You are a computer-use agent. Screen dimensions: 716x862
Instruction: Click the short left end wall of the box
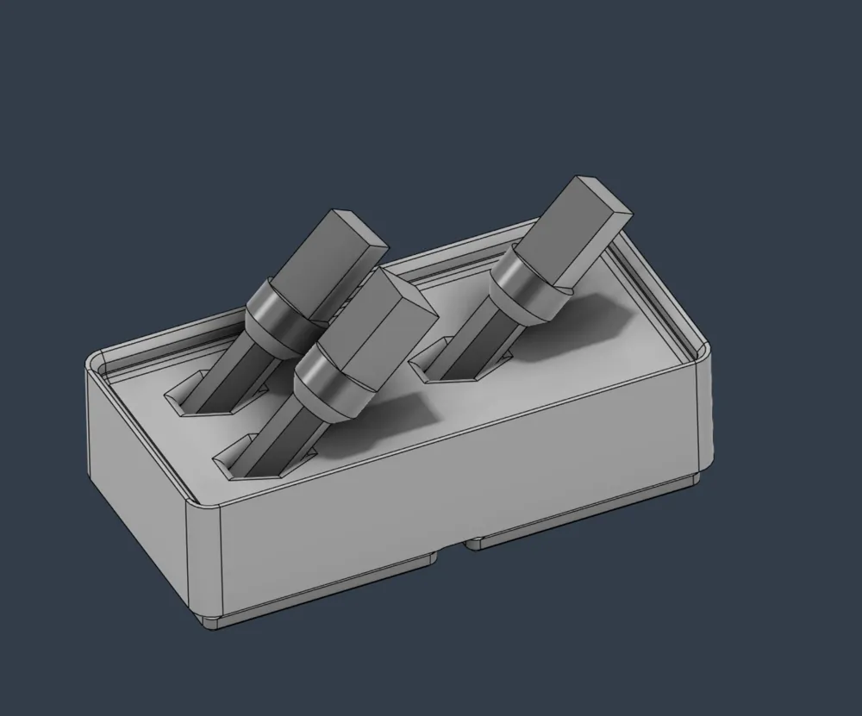[x=138, y=474]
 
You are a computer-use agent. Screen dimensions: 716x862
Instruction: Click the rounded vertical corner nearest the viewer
[x=205, y=560]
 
